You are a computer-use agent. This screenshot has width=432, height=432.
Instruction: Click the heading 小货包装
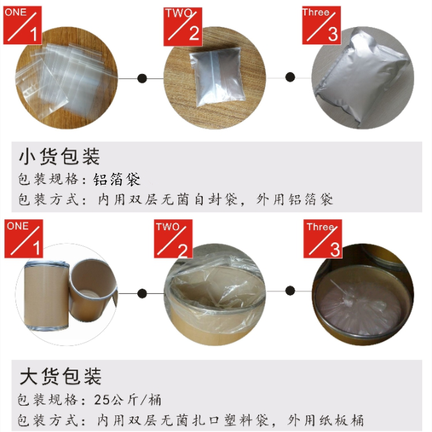[60, 156]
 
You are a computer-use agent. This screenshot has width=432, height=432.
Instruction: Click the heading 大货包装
[60, 375]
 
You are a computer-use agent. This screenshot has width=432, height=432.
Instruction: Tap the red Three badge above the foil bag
[320, 25]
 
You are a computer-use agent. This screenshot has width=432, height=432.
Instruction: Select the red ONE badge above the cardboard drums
[23, 239]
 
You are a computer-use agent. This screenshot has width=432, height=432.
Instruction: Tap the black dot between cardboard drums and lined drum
[142, 293]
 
